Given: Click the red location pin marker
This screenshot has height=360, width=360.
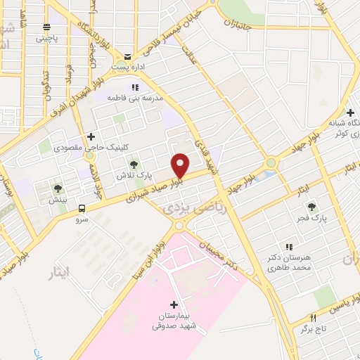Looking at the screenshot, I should pyautogui.click(x=181, y=165).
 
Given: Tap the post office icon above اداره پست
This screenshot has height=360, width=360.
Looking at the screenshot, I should pyautogui.click(x=127, y=56).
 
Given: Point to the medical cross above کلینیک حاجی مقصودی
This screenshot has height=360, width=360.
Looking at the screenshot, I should pyautogui.click(x=90, y=136).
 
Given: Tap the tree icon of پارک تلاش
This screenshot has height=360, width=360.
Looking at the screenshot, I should pyautogui.click(x=134, y=165).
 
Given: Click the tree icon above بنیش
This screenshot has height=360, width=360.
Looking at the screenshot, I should pyautogui.click(x=58, y=188).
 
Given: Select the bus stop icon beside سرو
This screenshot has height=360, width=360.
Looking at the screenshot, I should pyautogui.click(x=82, y=208).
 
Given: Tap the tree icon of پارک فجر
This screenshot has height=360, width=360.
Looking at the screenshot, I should pyautogui.click(x=311, y=207).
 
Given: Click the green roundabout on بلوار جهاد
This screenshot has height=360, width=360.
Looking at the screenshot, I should pyautogui.click(x=270, y=163).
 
